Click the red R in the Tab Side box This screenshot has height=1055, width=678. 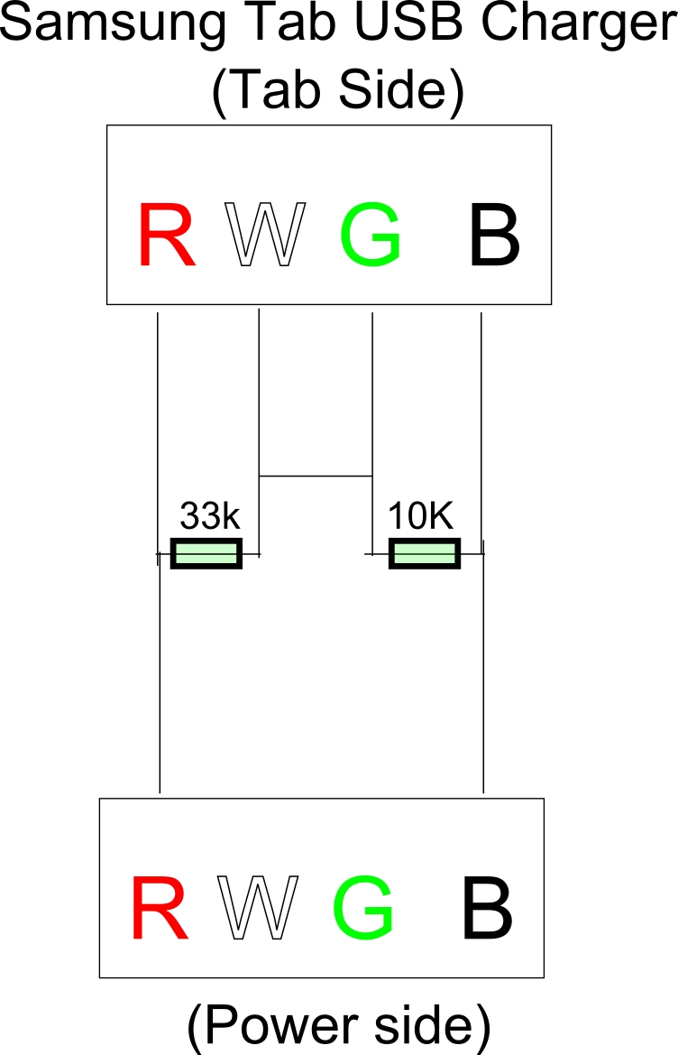(x=167, y=236)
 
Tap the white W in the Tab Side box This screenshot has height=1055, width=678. (x=264, y=236)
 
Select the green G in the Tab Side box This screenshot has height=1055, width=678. (x=371, y=236)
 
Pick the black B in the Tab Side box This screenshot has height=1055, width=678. (x=494, y=236)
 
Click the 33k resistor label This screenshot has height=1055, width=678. (x=209, y=516)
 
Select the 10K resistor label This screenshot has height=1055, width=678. (x=420, y=516)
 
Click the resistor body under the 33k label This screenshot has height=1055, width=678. (x=206, y=553)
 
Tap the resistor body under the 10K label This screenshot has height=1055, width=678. (x=425, y=553)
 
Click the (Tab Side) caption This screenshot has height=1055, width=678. (x=337, y=91)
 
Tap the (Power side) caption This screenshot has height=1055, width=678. (x=338, y=1024)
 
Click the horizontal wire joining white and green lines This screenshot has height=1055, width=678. (x=316, y=475)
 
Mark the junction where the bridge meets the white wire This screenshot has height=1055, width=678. (x=259, y=475)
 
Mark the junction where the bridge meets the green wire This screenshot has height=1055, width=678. (x=372, y=475)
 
